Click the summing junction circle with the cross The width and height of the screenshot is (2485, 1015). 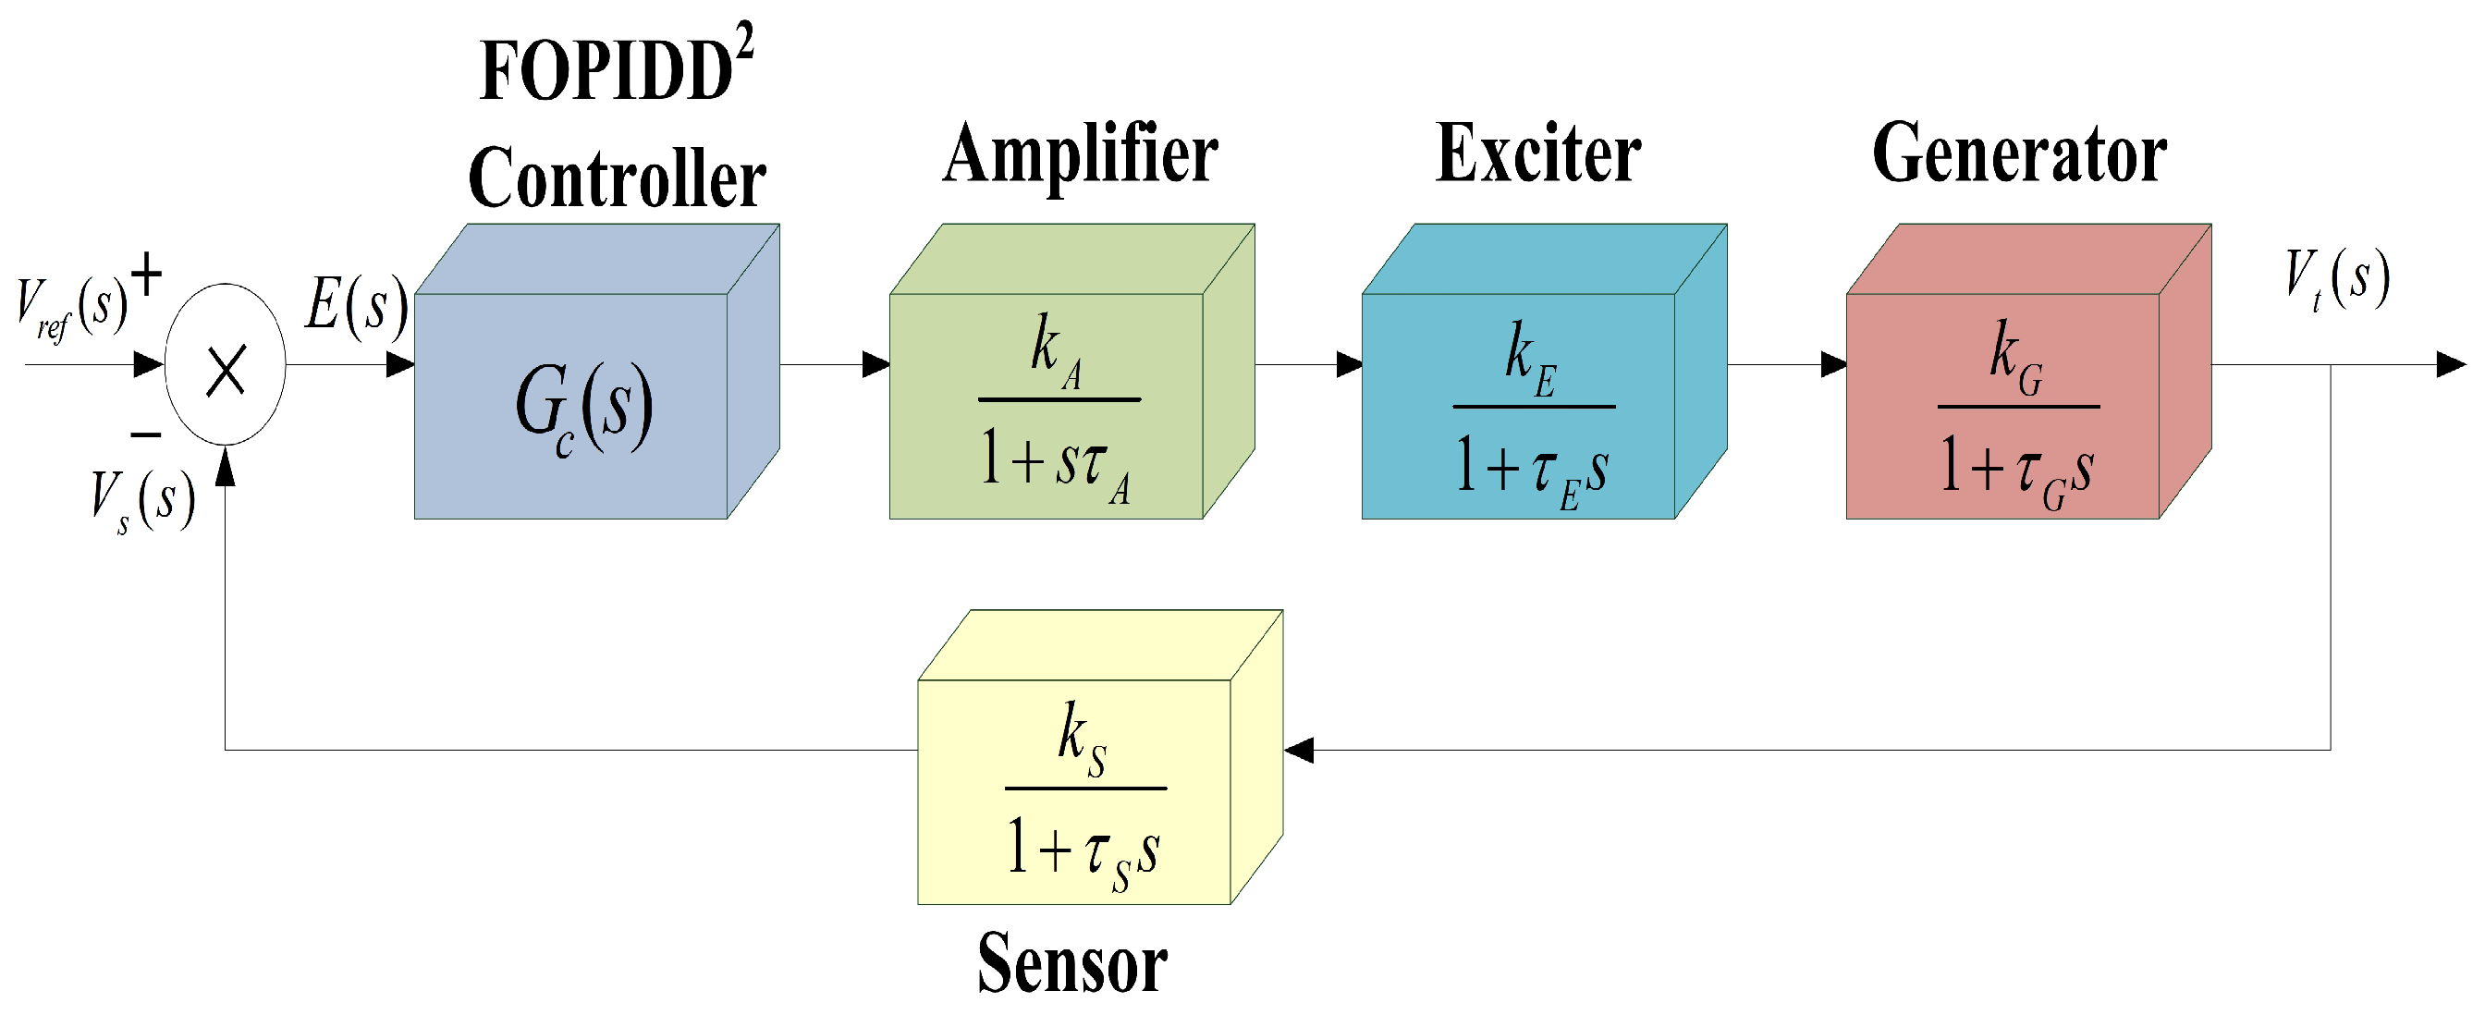tap(225, 365)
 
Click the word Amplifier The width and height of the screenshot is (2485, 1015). tap(1081, 154)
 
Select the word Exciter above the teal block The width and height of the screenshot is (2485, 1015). tap(1537, 154)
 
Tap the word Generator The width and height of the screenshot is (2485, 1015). tap(2019, 154)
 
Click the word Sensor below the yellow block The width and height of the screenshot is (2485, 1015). tap(1071, 964)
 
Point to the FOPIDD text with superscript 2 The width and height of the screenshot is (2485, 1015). tap(616, 69)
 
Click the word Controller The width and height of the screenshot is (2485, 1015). tap(617, 179)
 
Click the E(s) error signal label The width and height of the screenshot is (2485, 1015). tap(356, 307)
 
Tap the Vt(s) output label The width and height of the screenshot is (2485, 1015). tap(2337, 280)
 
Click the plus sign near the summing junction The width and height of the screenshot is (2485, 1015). tap(147, 277)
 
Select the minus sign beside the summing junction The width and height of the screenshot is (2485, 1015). tap(146, 436)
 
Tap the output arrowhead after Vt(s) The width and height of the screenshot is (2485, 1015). tap(2450, 365)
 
